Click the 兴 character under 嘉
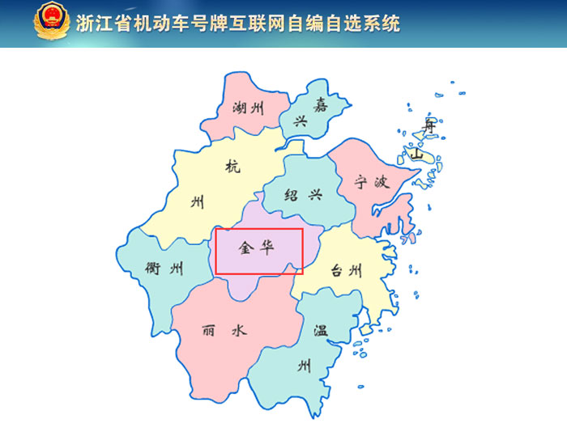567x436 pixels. tap(301, 122)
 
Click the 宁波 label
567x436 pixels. tap(373, 182)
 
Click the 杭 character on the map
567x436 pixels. tap(233, 167)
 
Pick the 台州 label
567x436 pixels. tap(346, 272)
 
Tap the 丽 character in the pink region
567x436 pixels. tap(210, 331)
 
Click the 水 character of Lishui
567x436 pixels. tap(238, 331)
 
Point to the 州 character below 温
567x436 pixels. tap(304, 366)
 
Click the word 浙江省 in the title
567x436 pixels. tap(100, 23)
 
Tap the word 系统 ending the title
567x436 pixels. tap(383, 23)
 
